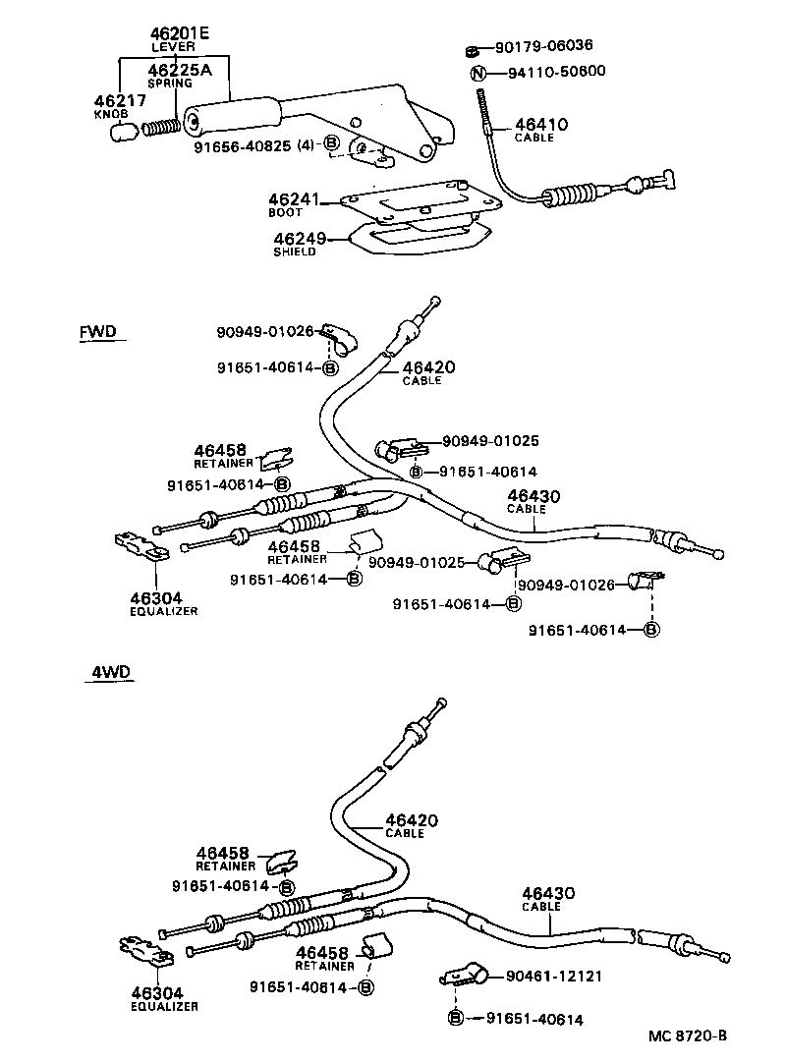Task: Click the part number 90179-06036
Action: coord(543,46)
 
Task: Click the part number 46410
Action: coord(540,125)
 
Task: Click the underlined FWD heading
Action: coord(97,332)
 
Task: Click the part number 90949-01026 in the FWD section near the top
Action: coord(264,332)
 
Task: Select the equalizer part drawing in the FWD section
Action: coord(140,546)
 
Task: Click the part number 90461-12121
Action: coord(553,977)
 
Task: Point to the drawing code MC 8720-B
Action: coord(688,1035)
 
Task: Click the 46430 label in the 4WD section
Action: coord(547,893)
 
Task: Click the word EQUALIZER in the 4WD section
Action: coord(164,1006)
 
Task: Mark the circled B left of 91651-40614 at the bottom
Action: coord(456,1019)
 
